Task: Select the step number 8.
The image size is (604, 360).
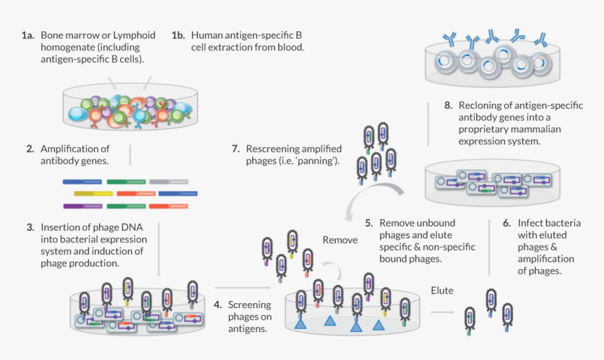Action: point(448,105)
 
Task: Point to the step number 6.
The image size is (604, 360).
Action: point(506,222)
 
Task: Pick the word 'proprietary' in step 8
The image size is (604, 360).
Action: point(482,130)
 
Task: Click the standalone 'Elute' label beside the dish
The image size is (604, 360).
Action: point(442,290)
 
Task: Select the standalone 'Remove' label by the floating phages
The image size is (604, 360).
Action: point(340,240)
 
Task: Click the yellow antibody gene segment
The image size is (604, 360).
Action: point(93,193)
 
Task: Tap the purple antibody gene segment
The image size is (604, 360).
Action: point(82,206)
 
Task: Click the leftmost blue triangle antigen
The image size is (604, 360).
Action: point(300,324)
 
